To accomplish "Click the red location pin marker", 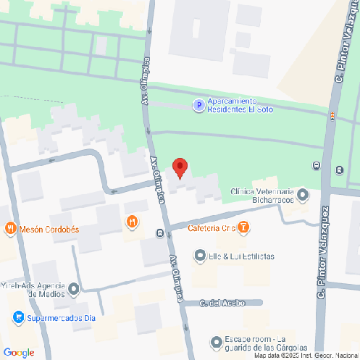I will point(180,167).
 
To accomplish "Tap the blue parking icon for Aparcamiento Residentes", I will point(198,106).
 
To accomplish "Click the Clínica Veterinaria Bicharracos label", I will point(262,195).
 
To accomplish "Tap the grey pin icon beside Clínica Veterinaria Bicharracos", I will point(303,194).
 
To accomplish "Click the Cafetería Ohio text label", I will point(209,228).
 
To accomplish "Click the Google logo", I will point(18,352).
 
